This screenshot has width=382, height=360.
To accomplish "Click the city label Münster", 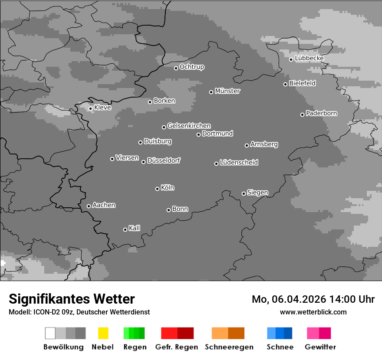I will (227, 91).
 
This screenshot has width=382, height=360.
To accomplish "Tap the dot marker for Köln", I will (157, 189).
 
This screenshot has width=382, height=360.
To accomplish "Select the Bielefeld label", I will (303, 83).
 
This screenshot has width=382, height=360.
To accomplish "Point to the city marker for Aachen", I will (89, 206).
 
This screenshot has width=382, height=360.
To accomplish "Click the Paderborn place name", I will (322, 114).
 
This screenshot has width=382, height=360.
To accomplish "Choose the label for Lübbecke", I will (310, 58).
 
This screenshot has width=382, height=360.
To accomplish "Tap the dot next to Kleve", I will (90, 109).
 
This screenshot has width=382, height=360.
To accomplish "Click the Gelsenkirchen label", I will (189, 126).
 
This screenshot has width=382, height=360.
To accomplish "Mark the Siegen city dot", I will (244, 193).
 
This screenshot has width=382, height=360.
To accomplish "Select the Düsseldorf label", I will (164, 160).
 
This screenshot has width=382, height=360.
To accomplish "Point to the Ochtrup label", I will (192, 67).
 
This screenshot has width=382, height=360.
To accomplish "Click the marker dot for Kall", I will (125, 229).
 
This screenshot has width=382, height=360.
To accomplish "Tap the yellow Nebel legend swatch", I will (103, 333).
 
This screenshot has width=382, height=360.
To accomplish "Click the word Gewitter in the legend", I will (320, 347).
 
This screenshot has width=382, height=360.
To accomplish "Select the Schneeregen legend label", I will (229, 347).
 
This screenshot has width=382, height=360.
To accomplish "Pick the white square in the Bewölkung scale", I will (50, 333).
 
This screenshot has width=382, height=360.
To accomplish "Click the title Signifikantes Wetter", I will (72, 299).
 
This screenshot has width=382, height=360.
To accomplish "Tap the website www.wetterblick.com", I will (313, 312).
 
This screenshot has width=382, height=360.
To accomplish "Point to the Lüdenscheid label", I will (239, 163).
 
